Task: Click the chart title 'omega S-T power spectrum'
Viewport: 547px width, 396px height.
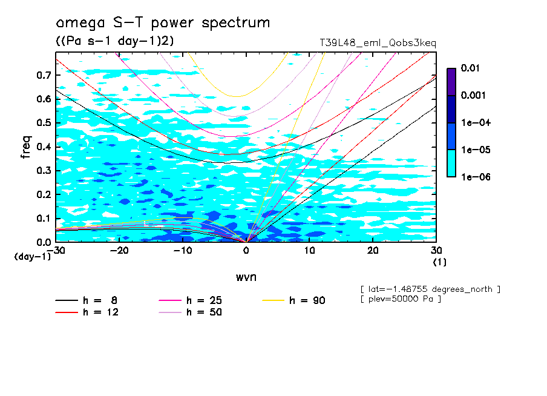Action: [x=163, y=23]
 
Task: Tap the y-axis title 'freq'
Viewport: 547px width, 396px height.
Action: [x=26, y=147]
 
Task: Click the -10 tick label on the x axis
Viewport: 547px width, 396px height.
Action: [x=182, y=250]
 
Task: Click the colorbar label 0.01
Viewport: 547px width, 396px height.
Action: [x=470, y=68]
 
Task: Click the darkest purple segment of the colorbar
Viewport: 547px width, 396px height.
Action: [x=451, y=82]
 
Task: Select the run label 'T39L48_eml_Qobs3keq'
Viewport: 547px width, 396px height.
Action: [x=378, y=43]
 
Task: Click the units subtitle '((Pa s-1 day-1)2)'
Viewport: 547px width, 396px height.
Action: [x=114, y=41]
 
